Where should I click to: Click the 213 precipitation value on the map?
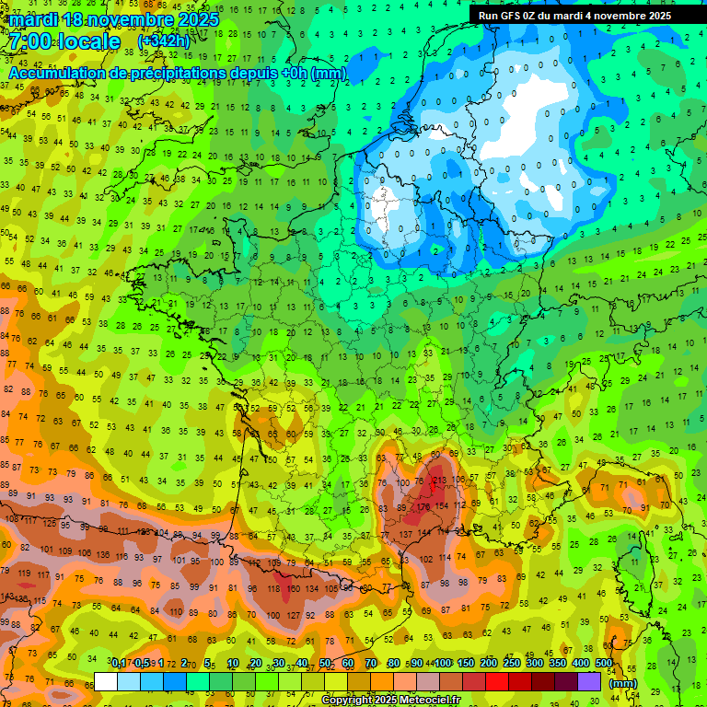pyautogui.click(x=439, y=480)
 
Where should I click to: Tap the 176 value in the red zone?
pyautogui.click(x=423, y=505)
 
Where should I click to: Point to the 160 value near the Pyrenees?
pyautogui.click(x=294, y=589)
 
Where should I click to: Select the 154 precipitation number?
pyautogui.click(x=444, y=506)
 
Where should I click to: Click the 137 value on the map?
pyautogui.click(x=406, y=535)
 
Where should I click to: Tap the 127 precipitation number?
pyautogui.click(x=295, y=615)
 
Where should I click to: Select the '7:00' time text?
pyautogui.click(x=30, y=41)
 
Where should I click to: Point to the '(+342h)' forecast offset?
pyautogui.click(x=163, y=42)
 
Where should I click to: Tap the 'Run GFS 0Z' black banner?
pyautogui.click(x=574, y=16)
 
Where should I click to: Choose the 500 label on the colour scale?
pyautogui.click(x=603, y=663)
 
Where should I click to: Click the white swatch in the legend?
pyautogui.click(x=105, y=681)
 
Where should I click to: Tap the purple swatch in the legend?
pyautogui.click(x=589, y=681)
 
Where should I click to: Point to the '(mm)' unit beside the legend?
pyautogui.click(x=623, y=683)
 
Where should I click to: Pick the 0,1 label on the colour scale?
pyautogui.click(x=119, y=663)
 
